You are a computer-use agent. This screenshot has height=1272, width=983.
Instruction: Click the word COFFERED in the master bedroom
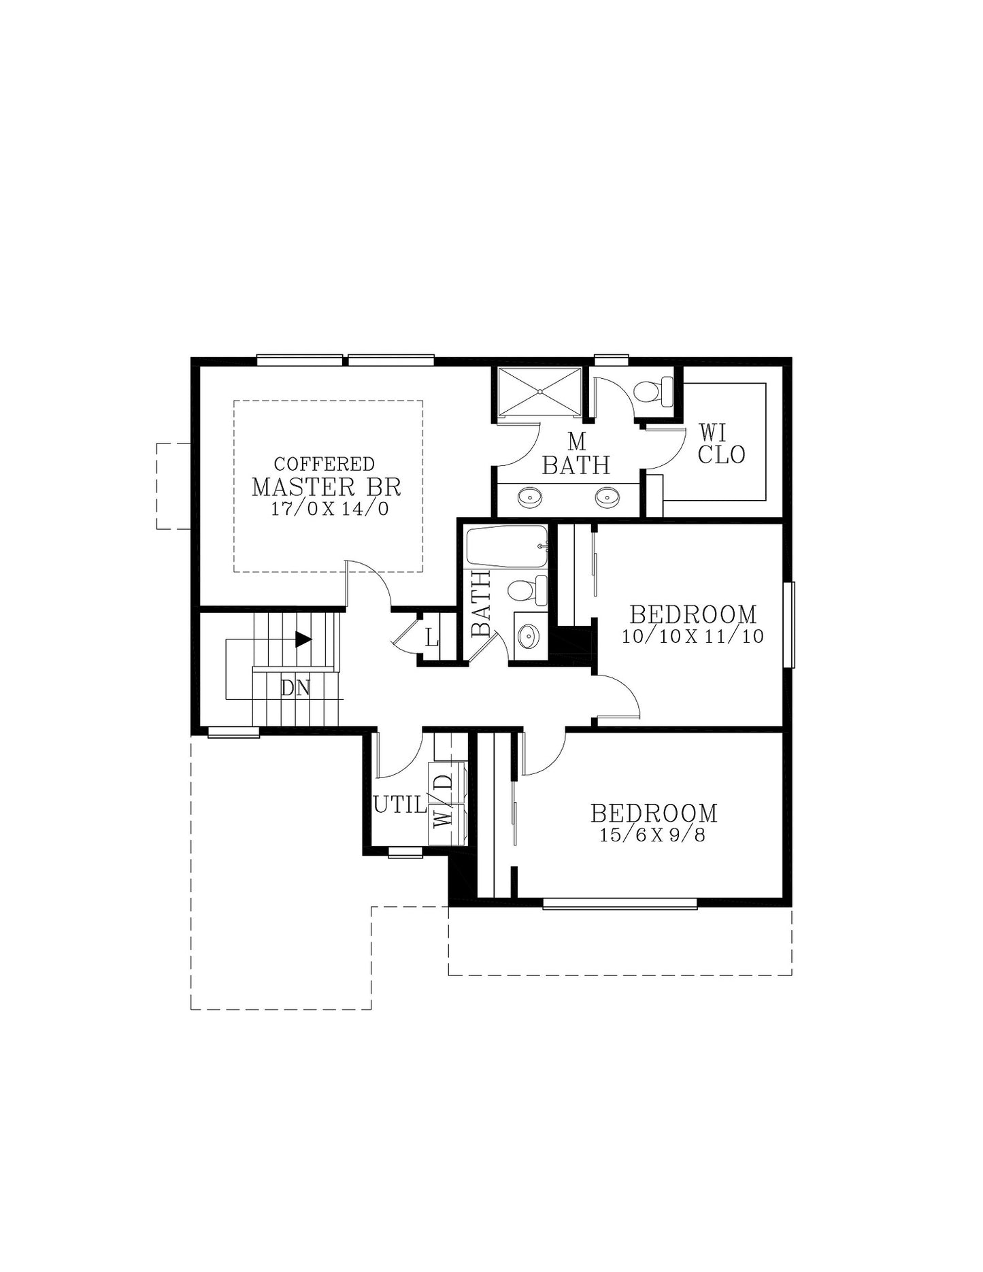[324, 464]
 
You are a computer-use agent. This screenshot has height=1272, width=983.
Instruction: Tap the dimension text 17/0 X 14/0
[330, 509]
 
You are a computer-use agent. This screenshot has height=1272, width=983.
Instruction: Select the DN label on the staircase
[295, 688]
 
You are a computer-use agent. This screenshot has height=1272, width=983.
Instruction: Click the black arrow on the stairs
[303, 639]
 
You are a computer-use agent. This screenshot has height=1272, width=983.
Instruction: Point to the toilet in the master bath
[652, 391]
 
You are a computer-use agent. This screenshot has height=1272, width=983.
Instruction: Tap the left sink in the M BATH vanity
[529, 498]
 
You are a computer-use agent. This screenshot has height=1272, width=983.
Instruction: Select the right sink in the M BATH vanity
[606, 498]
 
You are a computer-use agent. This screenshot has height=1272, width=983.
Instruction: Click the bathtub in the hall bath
[506, 546]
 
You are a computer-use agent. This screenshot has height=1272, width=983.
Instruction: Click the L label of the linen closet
[431, 638]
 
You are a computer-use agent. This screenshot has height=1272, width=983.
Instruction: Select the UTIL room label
[399, 805]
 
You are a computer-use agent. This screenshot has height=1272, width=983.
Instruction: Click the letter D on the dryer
[444, 782]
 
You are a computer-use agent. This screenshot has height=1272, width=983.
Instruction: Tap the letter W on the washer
[444, 818]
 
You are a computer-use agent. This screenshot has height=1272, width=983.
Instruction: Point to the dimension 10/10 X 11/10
[693, 637]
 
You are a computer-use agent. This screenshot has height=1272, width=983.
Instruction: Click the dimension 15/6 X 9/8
[652, 835]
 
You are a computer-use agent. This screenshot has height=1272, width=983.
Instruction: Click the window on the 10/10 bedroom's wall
[788, 624]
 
